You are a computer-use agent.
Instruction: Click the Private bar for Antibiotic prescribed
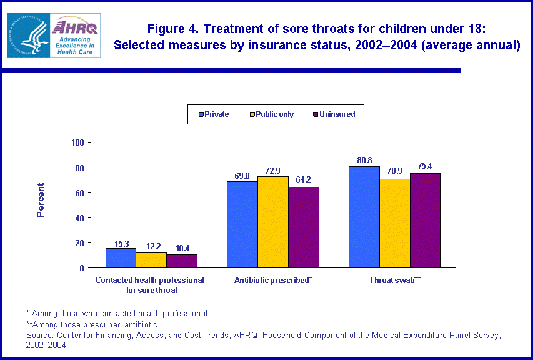[242, 224]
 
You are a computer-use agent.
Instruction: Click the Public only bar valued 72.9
[272, 222]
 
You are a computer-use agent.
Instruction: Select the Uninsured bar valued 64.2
[304, 227]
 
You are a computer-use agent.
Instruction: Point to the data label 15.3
[121, 242]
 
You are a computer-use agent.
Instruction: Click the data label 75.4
[426, 166]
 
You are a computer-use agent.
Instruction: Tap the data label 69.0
[242, 176]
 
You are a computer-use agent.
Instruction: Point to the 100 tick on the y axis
[77, 142]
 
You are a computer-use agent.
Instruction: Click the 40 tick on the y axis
[79, 217]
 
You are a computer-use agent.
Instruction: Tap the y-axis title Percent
[41, 200]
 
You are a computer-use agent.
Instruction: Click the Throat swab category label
[395, 281]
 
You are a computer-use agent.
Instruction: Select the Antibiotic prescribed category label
[273, 281]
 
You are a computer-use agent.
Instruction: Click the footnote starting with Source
[262, 336]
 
